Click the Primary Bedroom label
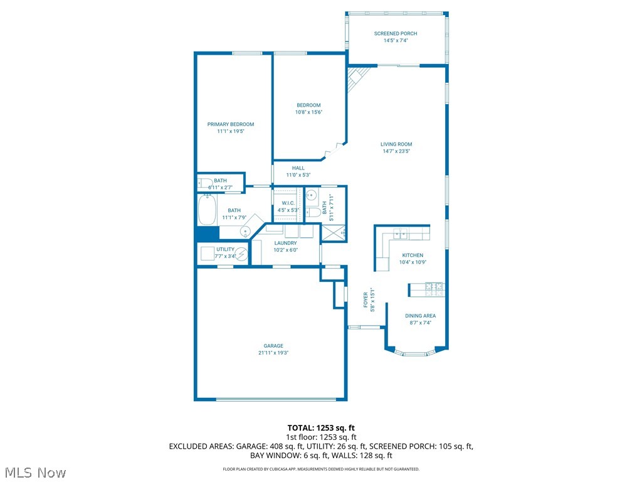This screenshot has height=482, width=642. pyautogui.click(x=231, y=124)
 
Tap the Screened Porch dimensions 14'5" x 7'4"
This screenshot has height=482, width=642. pyautogui.click(x=396, y=41)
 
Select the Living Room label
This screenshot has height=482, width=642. pyautogui.click(x=396, y=144)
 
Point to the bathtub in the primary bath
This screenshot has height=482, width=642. pyautogui.click(x=207, y=210)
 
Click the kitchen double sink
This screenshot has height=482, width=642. pyautogui.click(x=400, y=235)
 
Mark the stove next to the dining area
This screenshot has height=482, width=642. pyautogui.click(x=434, y=289)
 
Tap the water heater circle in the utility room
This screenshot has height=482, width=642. pyautogui.click(x=241, y=254)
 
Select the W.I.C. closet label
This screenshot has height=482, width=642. pyautogui.click(x=288, y=203)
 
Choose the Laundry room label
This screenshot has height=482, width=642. pyautogui.click(x=285, y=243)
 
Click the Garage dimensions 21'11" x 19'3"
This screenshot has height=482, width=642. pyautogui.click(x=273, y=353)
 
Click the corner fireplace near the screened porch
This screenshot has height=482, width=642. pyautogui.click(x=359, y=78)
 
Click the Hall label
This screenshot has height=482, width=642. pyautogui.click(x=298, y=168)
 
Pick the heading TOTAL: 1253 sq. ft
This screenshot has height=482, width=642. pyautogui.click(x=321, y=427)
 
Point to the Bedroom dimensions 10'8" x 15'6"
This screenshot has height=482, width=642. pyautogui.click(x=308, y=112)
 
